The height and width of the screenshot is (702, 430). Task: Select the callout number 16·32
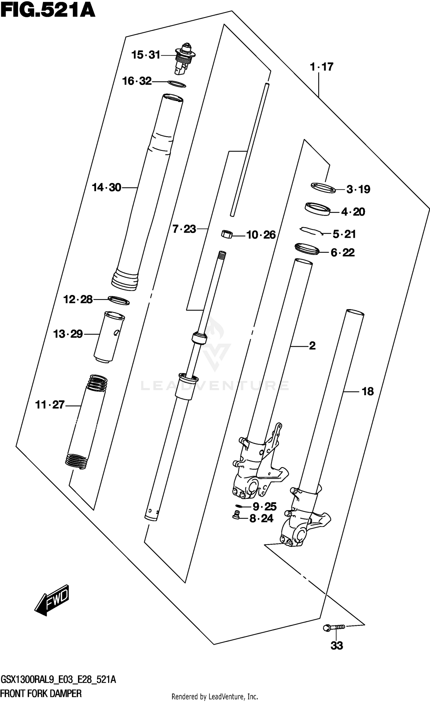click(x=137, y=81)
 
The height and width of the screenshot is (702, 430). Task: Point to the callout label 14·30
click(x=107, y=188)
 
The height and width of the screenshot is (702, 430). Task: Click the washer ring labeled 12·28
click(x=119, y=300)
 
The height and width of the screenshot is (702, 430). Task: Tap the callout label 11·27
click(x=50, y=405)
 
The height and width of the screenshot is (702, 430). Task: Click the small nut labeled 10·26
click(x=227, y=234)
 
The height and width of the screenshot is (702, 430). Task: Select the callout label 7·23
click(x=184, y=229)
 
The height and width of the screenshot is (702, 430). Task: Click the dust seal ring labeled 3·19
click(x=323, y=188)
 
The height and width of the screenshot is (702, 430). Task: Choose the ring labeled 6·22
click(x=307, y=249)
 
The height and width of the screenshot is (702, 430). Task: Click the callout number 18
click(x=368, y=391)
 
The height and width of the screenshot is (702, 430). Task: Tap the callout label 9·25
click(x=264, y=507)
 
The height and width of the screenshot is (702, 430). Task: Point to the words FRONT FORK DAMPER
click(x=41, y=692)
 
